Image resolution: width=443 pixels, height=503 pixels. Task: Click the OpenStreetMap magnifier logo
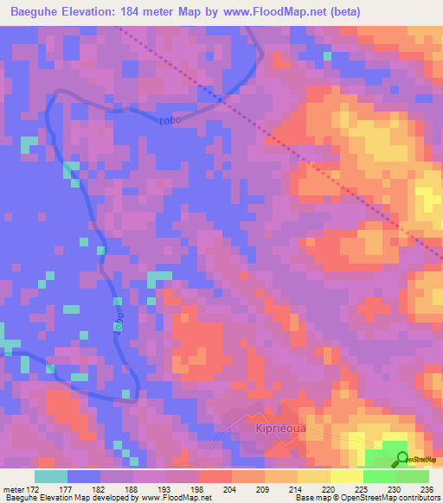tap(402, 458)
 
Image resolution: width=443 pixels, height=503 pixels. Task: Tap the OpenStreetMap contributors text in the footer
tap(403, 499)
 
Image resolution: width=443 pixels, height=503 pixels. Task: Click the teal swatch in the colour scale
tap(51, 476)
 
